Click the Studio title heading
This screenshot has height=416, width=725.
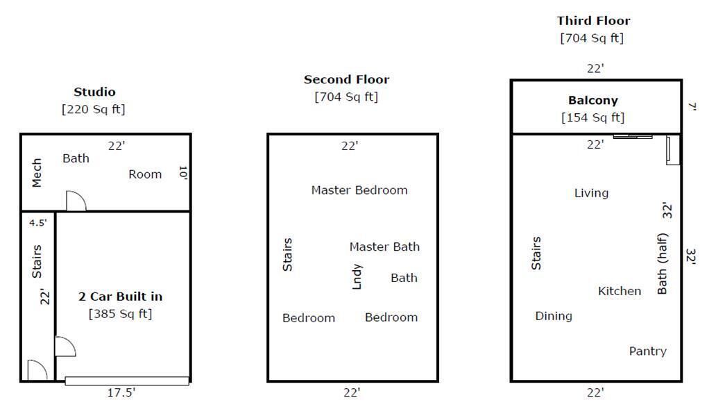(x=94, y=92)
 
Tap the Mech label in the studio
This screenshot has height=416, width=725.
(x=37, y=173)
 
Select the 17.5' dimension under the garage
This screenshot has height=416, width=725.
(x=121, y=392)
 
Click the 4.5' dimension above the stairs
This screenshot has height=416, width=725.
(x=38, y=222)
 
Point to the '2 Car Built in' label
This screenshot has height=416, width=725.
(x=120, y=296)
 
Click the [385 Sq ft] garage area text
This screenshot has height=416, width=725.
(x=120, y=314)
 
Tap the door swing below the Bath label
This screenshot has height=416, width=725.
(x=76, y=201)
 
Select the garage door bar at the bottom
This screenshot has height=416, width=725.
(x=127, y=381)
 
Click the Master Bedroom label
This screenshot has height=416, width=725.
(x=359, y=190)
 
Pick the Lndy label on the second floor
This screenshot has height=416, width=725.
(x=357, y=276)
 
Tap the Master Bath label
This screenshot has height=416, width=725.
(x=384, y=247)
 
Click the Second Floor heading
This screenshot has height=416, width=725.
(x=346, y=79)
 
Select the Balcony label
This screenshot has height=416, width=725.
(x=592, y=100)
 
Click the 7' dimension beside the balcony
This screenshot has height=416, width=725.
(x=692, y=107)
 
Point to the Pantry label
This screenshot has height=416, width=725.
(x=648, y=351)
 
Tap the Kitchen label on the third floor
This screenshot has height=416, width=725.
(x=620, y=291)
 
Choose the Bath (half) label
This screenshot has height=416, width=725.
(x=663, y=264)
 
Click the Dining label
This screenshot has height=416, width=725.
(x=554, y=316)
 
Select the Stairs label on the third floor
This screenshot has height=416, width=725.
(x=536, y=253)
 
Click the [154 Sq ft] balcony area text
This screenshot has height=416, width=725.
(x=592, y=117)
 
